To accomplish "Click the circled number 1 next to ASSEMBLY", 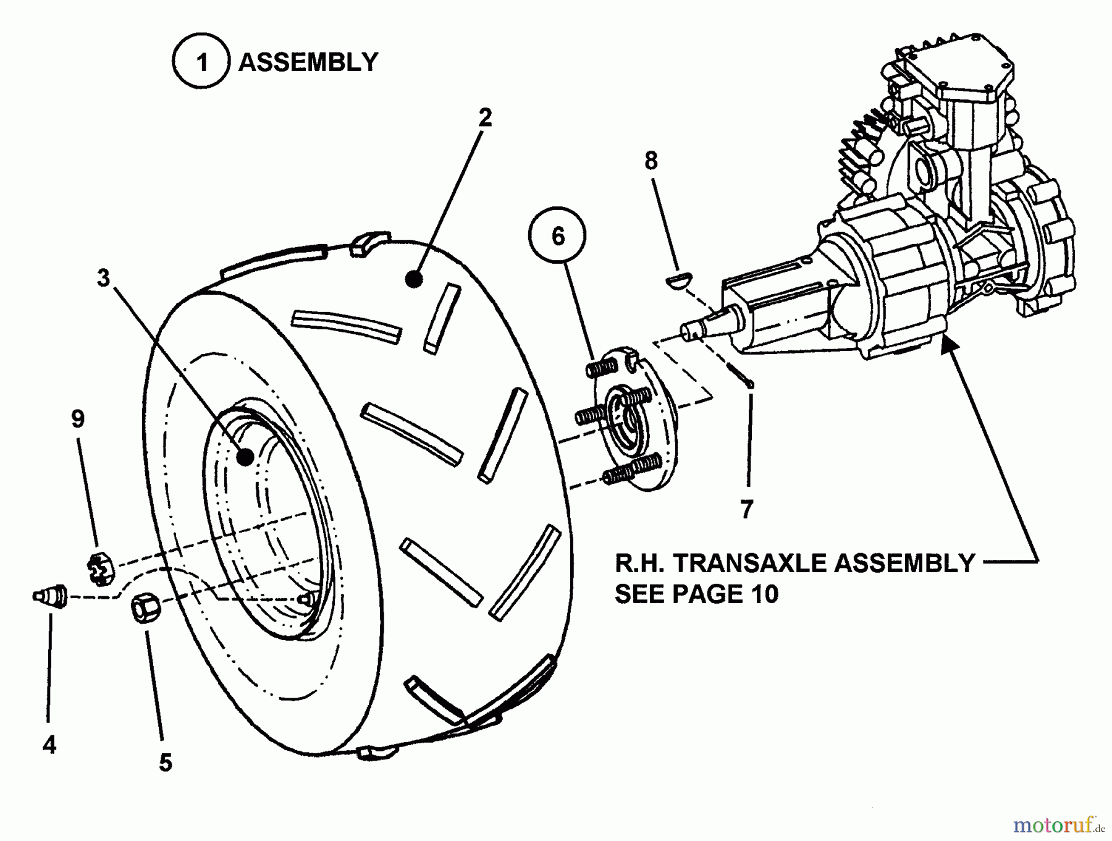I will click(x=201, y=62).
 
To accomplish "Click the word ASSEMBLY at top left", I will click(x=308, y=62).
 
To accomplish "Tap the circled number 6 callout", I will click(x=558, y=235).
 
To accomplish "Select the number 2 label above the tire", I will click(x=485, y=117).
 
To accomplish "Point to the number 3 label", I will click(x=103, y=279).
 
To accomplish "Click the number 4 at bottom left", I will click(x=49, y=745).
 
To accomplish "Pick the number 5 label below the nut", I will click(x=165, y=763).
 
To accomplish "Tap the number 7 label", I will click(x=746, y=510).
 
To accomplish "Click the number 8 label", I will click(x=651, y=161).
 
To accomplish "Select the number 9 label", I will click(x=78, y=419).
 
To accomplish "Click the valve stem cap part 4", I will click(x=49, y=596).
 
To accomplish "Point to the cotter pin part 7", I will click(x=739, y=375).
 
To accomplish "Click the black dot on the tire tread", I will click(x=414, y=279).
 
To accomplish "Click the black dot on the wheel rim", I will click(x=245, y=457).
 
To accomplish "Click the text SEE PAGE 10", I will click(x=697, y=594).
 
